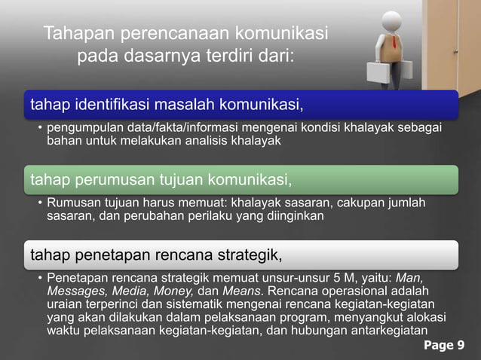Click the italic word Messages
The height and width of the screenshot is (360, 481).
point(75,291)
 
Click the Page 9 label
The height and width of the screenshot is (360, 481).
point(444,346)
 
